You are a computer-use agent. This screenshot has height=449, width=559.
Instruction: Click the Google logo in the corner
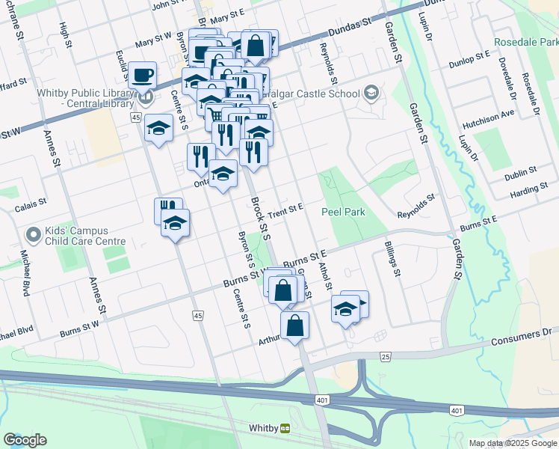(25, 440)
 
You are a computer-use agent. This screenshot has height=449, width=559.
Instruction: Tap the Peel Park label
(343, 212)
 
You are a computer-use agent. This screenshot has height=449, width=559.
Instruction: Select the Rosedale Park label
(525, 43)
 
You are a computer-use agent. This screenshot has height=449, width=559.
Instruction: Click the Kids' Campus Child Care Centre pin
(33, 236)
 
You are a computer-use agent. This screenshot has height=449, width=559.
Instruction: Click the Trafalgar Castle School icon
(370, 93)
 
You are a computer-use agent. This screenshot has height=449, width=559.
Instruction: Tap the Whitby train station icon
(285, 428)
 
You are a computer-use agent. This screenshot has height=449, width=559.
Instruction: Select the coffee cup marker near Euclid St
(142, 74)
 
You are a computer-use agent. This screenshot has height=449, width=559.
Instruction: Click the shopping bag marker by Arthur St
(294, 325)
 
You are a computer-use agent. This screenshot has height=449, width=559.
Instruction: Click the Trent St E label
(285, 207)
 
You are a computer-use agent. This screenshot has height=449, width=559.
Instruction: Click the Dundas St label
(351, 30)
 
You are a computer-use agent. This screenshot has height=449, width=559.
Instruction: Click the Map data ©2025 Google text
(512, 443)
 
